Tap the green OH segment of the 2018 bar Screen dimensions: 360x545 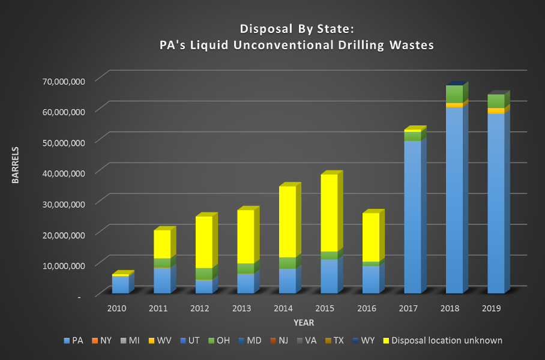click(x=454, y=94)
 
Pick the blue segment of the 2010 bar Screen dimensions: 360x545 click(x=120, y=284)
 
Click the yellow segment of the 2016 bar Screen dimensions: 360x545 click(x=371, y=237)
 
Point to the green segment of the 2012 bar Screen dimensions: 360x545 click(x=203, y=274)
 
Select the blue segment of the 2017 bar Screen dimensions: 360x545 click(x=412, y=217)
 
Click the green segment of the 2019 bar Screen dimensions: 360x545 click(x=496, y=101)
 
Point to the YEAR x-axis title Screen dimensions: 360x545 click(x=304, y=323)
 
